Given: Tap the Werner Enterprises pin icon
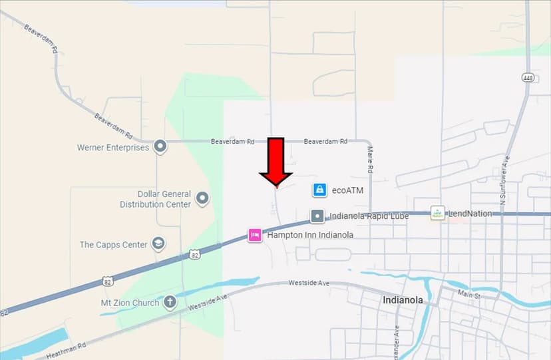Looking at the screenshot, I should (x=160, y=146).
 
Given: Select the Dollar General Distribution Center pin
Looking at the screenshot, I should (x=202, y=198).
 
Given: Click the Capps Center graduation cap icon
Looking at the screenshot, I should (x=158, y=244).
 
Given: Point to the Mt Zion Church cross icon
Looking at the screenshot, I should (x=170, y=303).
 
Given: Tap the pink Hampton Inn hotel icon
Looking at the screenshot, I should (x=254, y=235).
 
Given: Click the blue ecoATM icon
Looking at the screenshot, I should (x=319, y=190).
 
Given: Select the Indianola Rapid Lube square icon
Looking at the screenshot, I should (x=317, y=216).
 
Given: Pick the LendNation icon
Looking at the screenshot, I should (x=437, y=213).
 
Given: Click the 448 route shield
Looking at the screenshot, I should (x=527, y=77).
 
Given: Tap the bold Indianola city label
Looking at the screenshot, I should (x=403, y=300).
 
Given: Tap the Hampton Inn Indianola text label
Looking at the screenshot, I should (x=309, y=235).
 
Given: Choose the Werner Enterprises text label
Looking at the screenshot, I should (x=112, y=147).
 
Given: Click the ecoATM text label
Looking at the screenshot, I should (x=347, y=190).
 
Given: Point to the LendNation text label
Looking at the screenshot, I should (x=470, y=214).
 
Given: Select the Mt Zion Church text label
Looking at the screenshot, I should (x=130, y=303).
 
